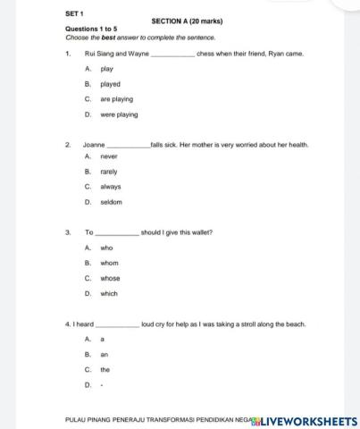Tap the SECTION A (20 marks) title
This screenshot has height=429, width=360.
pos(188,21)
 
